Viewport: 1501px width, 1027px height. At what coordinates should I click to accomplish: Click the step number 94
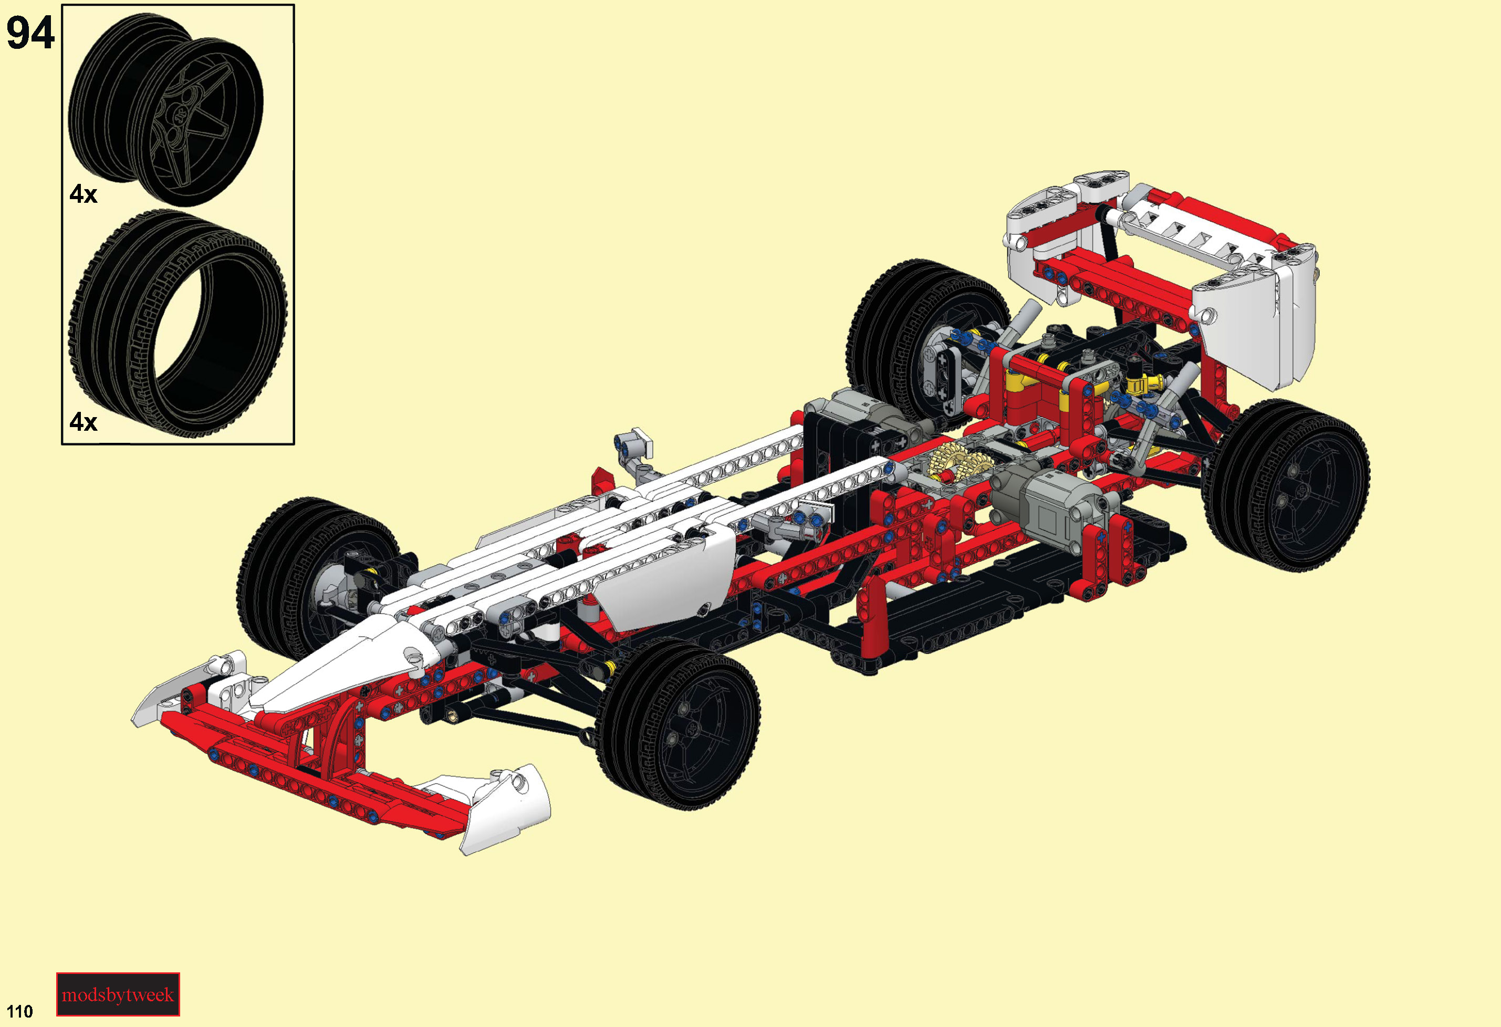(x=30, y=33)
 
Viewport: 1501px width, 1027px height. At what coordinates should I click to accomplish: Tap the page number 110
(x=19, y=1011)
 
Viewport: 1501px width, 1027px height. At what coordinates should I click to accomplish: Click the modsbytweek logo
(x=118, y=994)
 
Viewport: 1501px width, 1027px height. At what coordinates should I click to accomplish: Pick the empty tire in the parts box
(x=178, y=323)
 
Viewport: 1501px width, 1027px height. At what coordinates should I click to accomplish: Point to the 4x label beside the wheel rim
(x=84, y=194)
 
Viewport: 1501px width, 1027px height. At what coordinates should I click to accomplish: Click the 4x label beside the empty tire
(x=84, y=422)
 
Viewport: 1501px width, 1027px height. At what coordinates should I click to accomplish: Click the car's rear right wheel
(x=1285, y=485)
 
